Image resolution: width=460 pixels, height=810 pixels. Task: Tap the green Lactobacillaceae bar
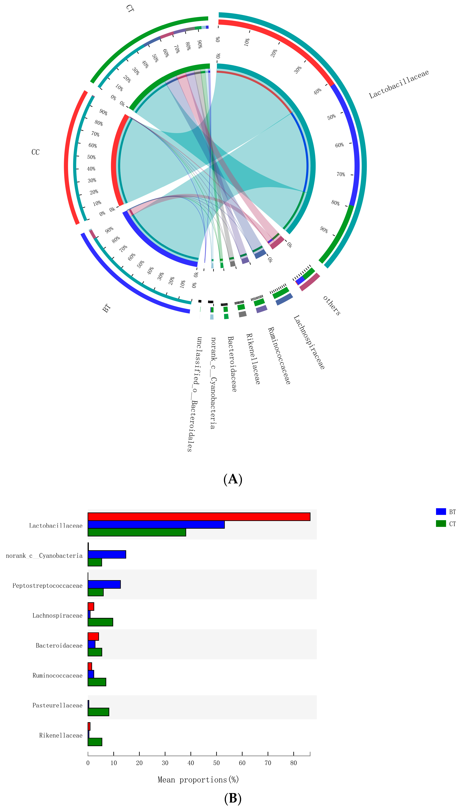[x=137, y=532]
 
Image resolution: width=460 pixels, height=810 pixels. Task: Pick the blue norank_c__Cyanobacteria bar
[x=107, y=554]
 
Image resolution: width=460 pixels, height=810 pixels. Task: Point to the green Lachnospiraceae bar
[x=100, y=622]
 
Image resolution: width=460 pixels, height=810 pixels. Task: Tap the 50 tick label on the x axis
[x=216, y=763]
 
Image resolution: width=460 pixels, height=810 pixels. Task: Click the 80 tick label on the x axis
[x=294, y=763]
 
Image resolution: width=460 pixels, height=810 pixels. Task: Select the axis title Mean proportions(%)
[x=198, y=780]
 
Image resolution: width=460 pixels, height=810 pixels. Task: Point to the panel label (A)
[x=233, y=479]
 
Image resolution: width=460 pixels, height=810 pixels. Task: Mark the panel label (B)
[x=233, y=798]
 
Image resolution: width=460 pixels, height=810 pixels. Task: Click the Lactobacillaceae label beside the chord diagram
[x=399, y=84]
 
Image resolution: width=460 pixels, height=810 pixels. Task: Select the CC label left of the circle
[x=35, y=152]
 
